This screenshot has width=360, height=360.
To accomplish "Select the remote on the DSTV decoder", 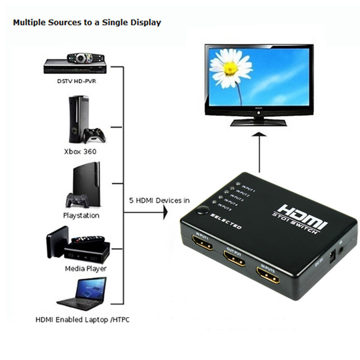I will (x=86, y=57).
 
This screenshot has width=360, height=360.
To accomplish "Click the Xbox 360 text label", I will (x=80, y=151).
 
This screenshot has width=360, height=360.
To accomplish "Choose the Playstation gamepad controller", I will (x=77, y=200).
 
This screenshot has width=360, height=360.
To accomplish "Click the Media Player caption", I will (x=86, y=269).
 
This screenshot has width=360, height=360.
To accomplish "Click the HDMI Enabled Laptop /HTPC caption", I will (x=82, y=319).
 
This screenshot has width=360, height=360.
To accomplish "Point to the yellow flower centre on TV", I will (x=231, y=68).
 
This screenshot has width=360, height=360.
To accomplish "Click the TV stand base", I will (x=258, y=122).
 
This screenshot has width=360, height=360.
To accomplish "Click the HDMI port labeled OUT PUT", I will (x=234, y=258).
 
